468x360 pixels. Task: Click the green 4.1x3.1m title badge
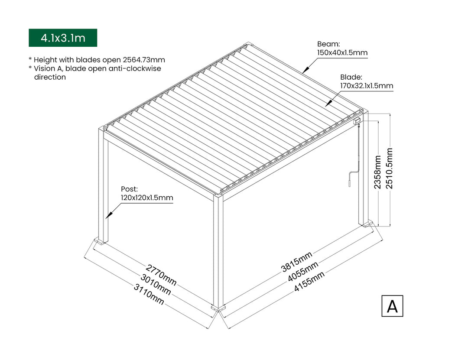[x=63, y=38]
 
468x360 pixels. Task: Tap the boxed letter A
[x=392, y=306]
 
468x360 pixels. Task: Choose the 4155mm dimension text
[x=309, y=281]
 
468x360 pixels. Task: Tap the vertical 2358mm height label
[x=378, y=172]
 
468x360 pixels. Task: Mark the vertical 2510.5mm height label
[x=390, y=168]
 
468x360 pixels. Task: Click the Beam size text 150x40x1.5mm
[x=342, y=53]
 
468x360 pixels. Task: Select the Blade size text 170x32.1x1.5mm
[x=367, y=85]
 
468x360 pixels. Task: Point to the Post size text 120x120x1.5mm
[x=147, y=198]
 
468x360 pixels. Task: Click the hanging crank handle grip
[x=348, y=183]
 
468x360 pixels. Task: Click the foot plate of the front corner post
[x=218, y=308]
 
